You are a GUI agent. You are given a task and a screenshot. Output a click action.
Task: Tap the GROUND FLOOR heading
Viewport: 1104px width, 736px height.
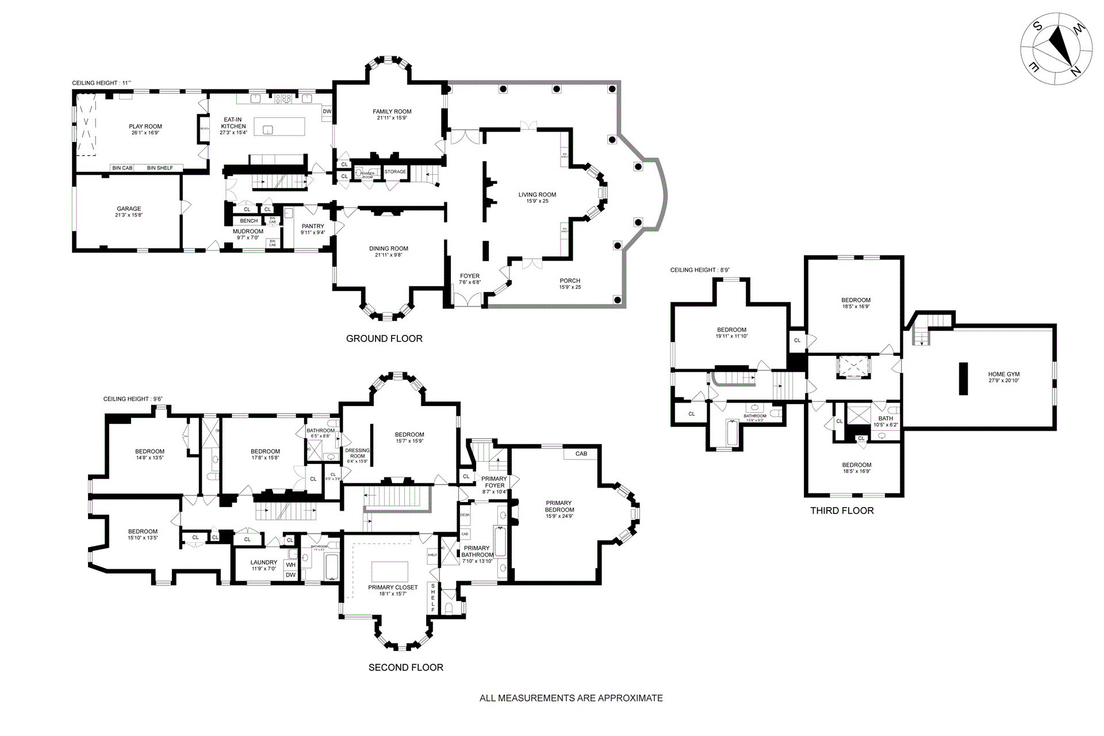pos(384,339)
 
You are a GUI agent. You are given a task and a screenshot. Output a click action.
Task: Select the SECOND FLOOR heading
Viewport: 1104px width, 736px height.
pos(406,668)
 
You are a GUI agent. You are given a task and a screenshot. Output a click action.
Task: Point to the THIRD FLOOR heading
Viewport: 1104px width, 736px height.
pos(842,511)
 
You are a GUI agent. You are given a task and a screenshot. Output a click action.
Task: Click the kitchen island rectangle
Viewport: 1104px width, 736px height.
pos(279,126)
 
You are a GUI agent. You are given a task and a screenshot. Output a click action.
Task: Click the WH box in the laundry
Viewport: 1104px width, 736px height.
pos(291,565)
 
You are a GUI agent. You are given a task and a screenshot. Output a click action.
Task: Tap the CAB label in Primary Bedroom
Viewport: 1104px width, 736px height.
pos(581,454)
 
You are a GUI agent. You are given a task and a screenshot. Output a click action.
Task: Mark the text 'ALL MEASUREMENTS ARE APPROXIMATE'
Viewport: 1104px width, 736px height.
pos(571,698)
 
